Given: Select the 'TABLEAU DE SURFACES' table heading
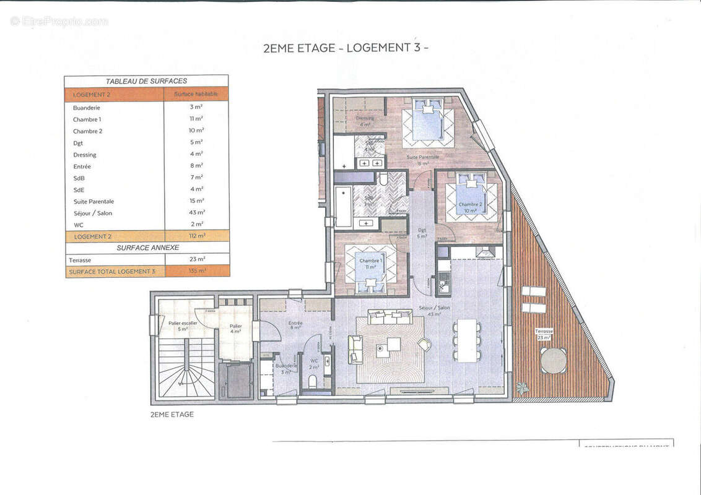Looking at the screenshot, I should point(146,81).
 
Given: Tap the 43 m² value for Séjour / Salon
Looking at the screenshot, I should point(196,213).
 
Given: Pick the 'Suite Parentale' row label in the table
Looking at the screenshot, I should point(94,201).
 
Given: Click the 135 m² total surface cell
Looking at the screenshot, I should point(196,271).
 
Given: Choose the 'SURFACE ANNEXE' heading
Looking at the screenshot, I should point(147,247).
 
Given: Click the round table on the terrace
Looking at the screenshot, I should point(553,361).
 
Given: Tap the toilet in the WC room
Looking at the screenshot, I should point(313,381).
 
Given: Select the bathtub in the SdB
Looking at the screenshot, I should point(343,207).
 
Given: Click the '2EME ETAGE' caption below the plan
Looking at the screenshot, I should point(172,415).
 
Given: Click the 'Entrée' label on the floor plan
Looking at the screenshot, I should point(295,323).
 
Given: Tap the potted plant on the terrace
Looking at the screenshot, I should point(523,389).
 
